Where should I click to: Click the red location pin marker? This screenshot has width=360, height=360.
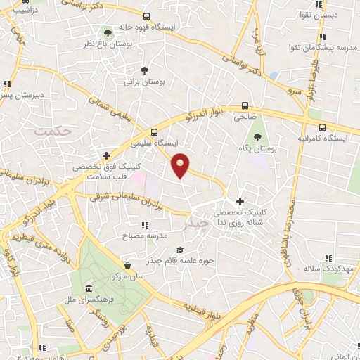click(x=181, y=165)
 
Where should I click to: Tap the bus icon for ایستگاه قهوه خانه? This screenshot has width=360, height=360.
click(x=146, y=16)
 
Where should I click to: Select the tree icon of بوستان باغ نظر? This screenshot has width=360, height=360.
click(x=108, y=32)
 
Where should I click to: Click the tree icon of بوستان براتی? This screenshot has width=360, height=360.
click(x=144, y=70)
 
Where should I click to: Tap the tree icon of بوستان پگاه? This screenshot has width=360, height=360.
click(x=257, y=137)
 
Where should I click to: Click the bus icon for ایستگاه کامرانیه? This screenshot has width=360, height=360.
click(x=322, y=127)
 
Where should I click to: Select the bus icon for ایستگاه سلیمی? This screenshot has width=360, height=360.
click(x=154, y=131)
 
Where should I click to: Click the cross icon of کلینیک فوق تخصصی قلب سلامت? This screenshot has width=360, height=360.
click(x=106, y=155)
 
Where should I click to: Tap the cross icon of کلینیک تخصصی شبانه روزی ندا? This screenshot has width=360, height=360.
click(x=240, y=201)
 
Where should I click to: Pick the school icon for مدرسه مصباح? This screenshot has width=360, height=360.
click(x=144, y=225)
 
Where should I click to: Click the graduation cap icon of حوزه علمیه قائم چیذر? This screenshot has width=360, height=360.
click(x=180, y=250)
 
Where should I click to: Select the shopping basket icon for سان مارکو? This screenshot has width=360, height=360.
click(x=127, y=266)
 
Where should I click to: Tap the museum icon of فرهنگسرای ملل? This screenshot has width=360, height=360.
click(x=89, y=289)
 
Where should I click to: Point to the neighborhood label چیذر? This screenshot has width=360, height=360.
click(x=195, y=224)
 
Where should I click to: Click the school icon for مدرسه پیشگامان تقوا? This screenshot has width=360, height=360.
click(x=322, y=37)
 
